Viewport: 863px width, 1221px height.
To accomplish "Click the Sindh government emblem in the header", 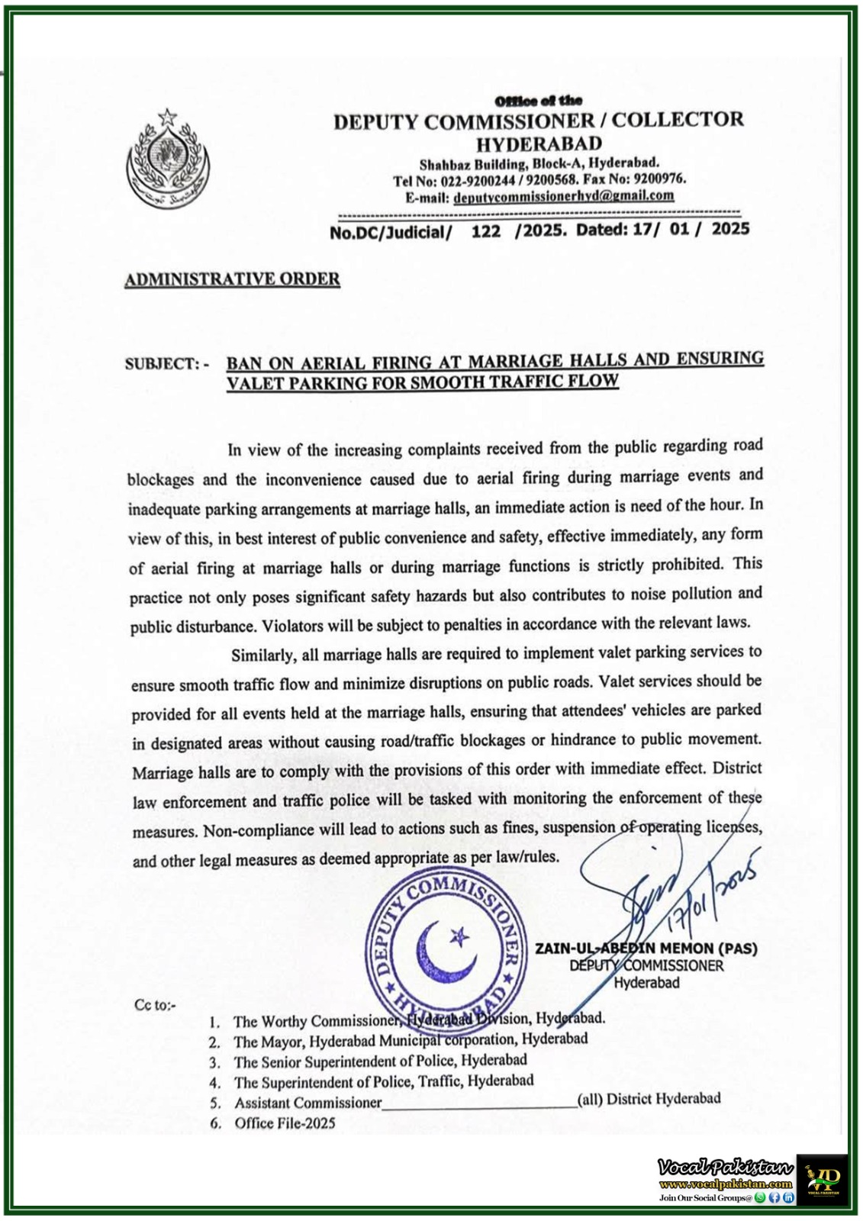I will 166,159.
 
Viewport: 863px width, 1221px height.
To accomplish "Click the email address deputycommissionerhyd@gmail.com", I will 563,196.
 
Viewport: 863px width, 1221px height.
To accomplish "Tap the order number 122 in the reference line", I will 485,231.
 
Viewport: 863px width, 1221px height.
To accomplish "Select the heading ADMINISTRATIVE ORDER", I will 232,279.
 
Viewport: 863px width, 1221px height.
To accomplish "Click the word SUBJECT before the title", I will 161,364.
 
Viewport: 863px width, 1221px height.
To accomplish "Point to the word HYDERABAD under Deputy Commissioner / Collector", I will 539,143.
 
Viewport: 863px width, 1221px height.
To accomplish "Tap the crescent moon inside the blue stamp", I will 439,951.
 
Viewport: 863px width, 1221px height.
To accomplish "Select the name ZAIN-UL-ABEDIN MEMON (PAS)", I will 646,949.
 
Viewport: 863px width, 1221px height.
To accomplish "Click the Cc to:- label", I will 155,1005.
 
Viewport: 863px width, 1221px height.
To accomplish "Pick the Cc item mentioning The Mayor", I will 410,1040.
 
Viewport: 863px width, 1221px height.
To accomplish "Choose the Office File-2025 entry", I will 284,1123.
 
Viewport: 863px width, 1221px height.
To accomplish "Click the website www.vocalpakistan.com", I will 726,1184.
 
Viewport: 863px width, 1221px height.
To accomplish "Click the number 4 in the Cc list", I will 215,1083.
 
